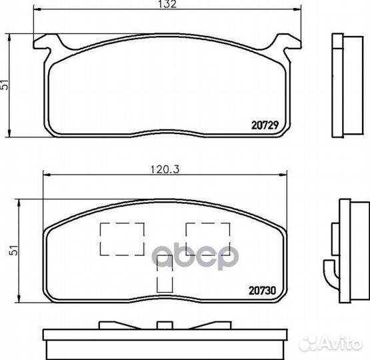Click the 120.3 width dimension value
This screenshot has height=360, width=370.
click(x=165, y=169)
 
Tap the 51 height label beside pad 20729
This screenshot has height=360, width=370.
click(x=5, y=85)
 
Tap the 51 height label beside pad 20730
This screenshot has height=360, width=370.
click(x=15, y=250)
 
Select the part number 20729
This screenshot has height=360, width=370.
click(x=265, y=125)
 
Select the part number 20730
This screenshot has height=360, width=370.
click(x=263, y=291)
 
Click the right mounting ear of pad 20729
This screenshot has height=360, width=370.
click(x=287, y=43)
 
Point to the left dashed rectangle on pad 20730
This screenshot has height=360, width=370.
click(x=122, y=239)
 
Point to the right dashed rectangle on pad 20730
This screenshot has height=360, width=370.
click(x=208, y=239)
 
